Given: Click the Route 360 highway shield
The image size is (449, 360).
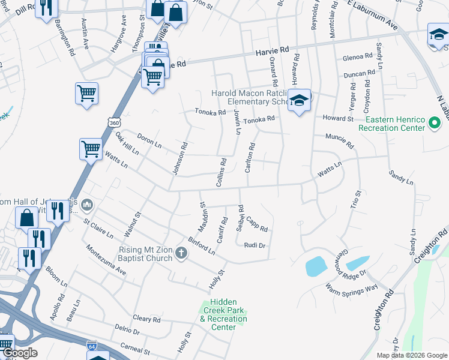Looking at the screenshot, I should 113,123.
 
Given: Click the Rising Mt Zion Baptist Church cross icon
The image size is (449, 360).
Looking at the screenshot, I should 181,254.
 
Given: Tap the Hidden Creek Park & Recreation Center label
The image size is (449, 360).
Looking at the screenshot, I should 223,315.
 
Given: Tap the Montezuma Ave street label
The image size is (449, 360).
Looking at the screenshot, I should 106,260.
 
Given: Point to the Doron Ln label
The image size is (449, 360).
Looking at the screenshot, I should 149,141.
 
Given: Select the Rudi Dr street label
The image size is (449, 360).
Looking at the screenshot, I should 255,245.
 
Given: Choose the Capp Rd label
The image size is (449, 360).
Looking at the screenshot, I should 256,224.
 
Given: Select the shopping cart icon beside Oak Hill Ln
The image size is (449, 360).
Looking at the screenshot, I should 91,148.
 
